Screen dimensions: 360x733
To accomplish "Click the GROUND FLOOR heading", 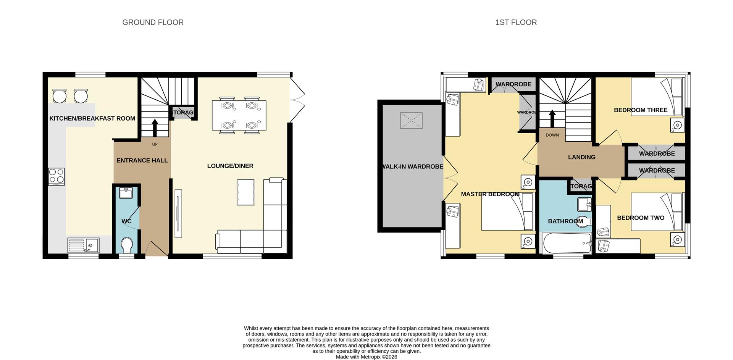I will [x=153, y=23].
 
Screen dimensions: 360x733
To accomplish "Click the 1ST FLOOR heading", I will [x=516, y=23].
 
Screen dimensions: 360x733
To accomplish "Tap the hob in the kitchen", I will [x=57, y=177].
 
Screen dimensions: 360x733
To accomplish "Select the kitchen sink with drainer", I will [x=83, y=245].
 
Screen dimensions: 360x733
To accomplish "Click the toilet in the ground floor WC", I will [x=126, y=245].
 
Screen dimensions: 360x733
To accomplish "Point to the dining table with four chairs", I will [x=239, y=115].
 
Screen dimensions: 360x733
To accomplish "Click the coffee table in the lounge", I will [x=245, y=192].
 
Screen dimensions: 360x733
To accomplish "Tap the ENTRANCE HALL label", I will [x=142, y=160].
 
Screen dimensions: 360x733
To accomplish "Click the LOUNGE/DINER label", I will [x=230, y=166].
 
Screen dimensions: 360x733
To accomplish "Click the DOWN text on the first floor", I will [x=552, y=135].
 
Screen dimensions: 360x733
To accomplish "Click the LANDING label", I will [x=581, y=157].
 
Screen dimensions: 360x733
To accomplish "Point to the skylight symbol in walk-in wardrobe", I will [x=411, y=120].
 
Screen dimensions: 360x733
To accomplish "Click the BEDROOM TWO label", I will [x=641, y=218].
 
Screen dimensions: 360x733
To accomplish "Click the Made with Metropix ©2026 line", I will [x=366, y=357].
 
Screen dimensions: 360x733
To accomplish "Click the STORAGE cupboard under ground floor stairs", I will [x=183, y=113].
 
